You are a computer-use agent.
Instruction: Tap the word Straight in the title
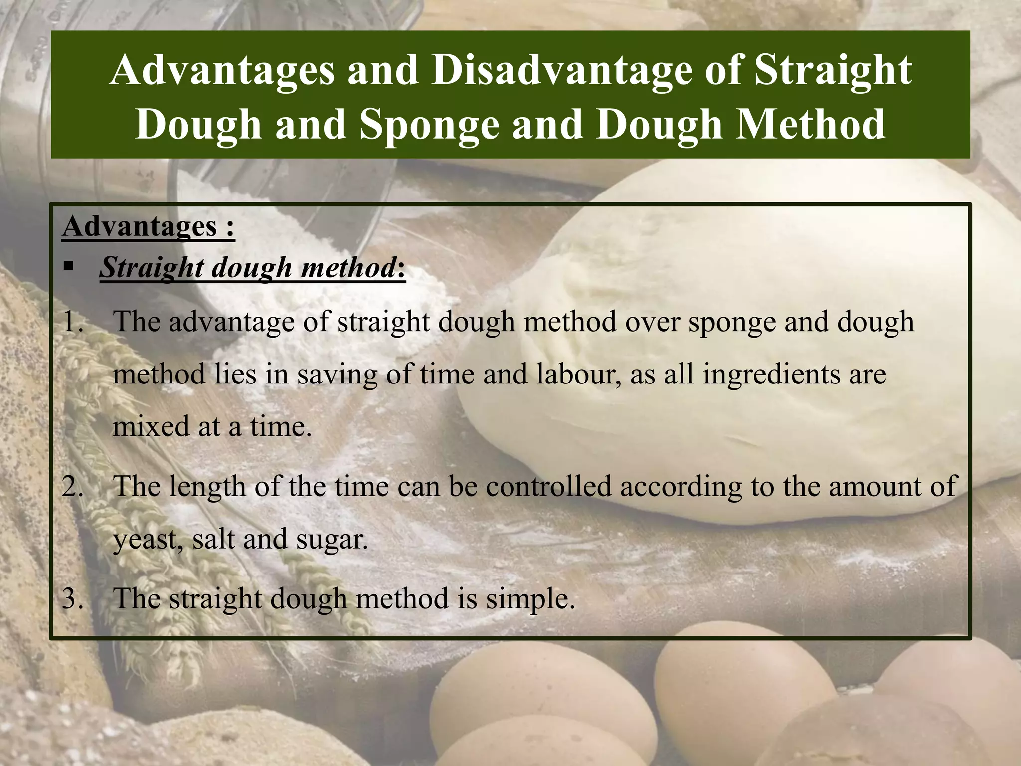point(833,70)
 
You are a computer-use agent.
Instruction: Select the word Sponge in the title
point(429,124)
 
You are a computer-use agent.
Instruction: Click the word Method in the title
point(811,124)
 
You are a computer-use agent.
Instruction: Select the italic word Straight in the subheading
point(152,268)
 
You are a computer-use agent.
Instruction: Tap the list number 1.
point(73,322)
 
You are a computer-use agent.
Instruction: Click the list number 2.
point(73,486)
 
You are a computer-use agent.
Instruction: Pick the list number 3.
point(73,598)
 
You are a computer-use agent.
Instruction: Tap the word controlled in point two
point(549,486)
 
